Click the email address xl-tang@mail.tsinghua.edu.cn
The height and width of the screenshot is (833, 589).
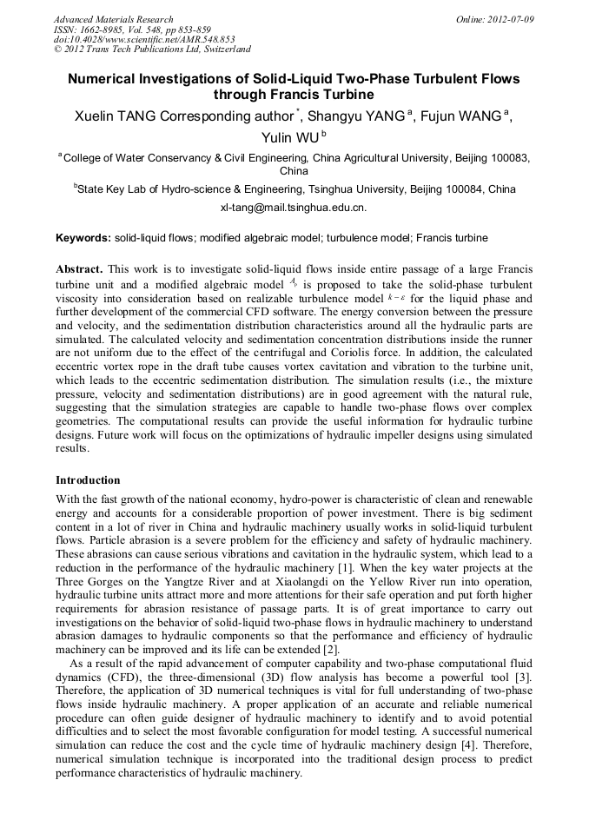tap(294, 208)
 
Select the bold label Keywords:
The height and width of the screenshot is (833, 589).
tap(83, 237)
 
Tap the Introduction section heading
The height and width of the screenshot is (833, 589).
tap(88, 479)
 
